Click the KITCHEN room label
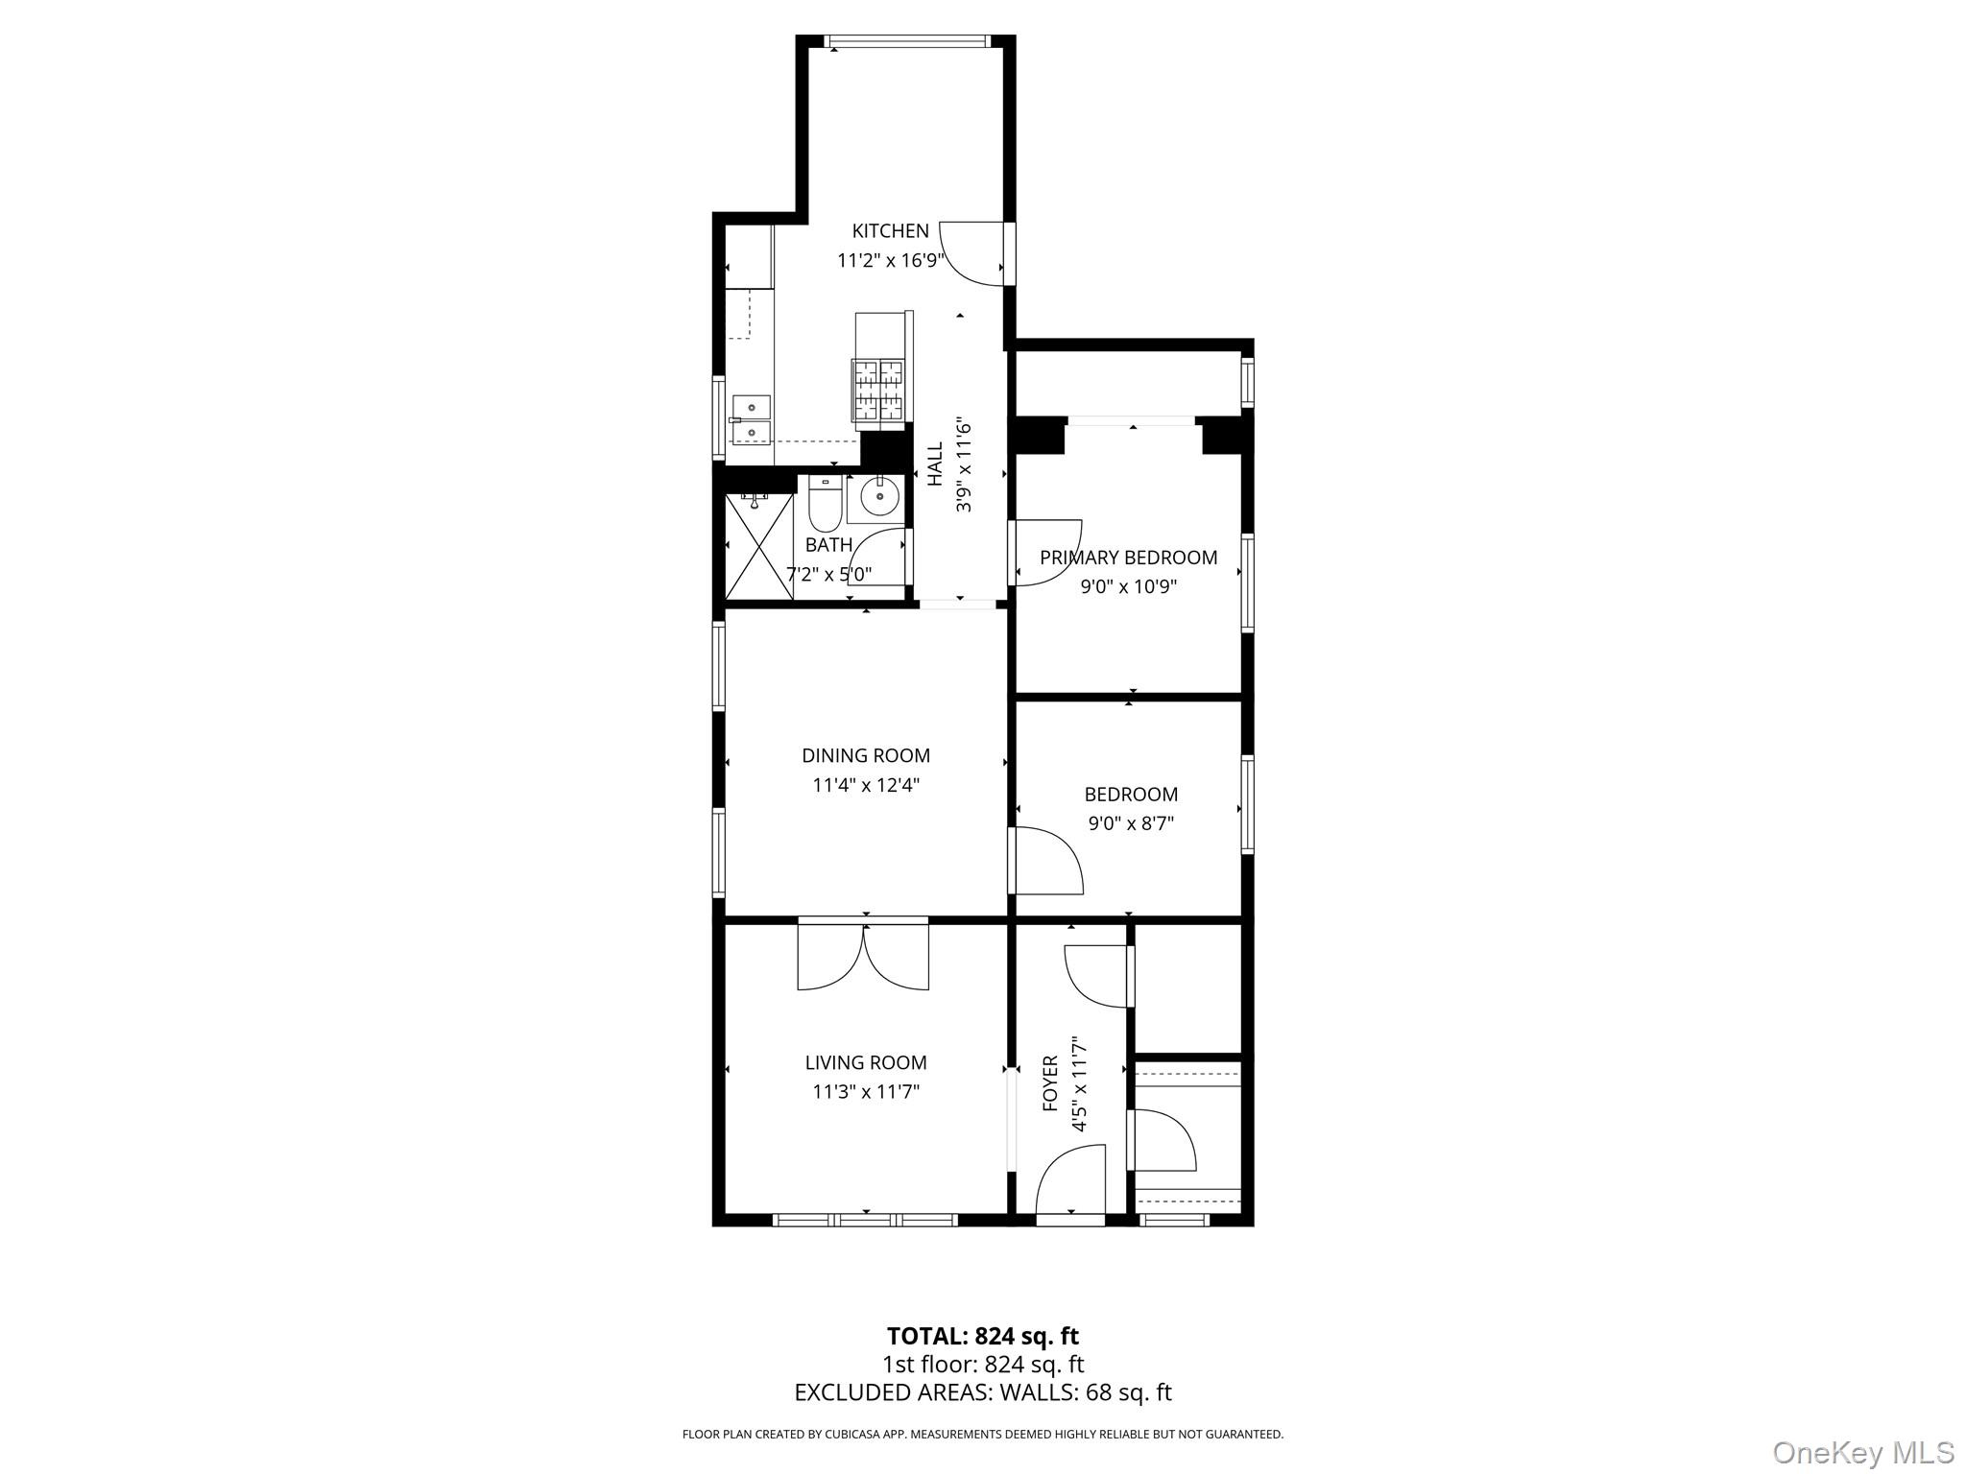point(890,231)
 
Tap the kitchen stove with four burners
point(878,390)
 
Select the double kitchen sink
point(751,421)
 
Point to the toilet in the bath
point(825,507)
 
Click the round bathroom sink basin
point(878,497)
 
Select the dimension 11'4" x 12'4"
point(866,785)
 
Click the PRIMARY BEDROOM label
point(1128,558)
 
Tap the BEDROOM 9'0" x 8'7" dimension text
point(1131,823)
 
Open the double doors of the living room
point(863,956)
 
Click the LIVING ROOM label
point(865,1062)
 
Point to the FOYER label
point(1050,1084)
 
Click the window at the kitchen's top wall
point(906,41)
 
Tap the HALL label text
point(935,464)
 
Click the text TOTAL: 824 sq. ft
point(982,1336)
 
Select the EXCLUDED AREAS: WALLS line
point(982,1392)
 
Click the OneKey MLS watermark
point(1862,1452)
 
